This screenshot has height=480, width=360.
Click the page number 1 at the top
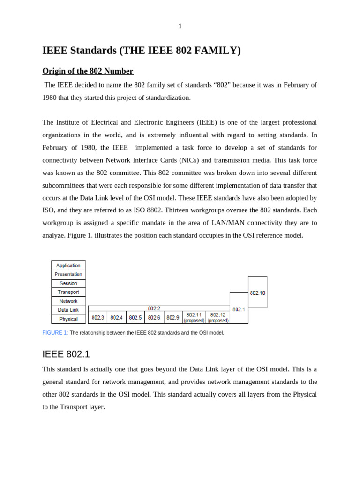click(x=180, y=26)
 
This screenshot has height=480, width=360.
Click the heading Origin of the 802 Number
click(x=88, y=71)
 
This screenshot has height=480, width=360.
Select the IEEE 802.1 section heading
click(x=66, y=354)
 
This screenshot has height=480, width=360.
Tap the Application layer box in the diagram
click(x=68, y=265)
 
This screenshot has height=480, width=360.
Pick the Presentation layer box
click(x=68, y=274)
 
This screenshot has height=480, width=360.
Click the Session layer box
click(x=68, y=283)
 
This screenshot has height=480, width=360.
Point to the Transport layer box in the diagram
click(x=68, y=292)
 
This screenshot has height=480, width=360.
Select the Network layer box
click(x=68, y=301)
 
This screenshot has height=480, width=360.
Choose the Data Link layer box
click(x=68, y=310)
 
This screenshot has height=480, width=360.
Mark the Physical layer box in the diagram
click(x=68, y=319)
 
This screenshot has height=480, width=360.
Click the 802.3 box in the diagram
click(x=98, y=317)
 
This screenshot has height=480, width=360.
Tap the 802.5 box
click(x=135, y=317)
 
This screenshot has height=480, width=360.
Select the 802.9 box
click(x=173, y=317)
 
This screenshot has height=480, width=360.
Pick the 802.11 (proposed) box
click(x=194, y=317)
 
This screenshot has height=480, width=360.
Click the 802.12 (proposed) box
click(x=218, y=317)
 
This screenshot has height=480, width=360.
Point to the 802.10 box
click(x=257, y=292)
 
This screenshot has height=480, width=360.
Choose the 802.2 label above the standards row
click(x=154, y=308)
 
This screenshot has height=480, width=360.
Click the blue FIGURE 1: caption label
click(x=55, y=333)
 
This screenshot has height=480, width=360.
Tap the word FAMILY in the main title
click(x=217, y=51)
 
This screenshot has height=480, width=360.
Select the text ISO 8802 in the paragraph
click(x=148, y=210)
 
